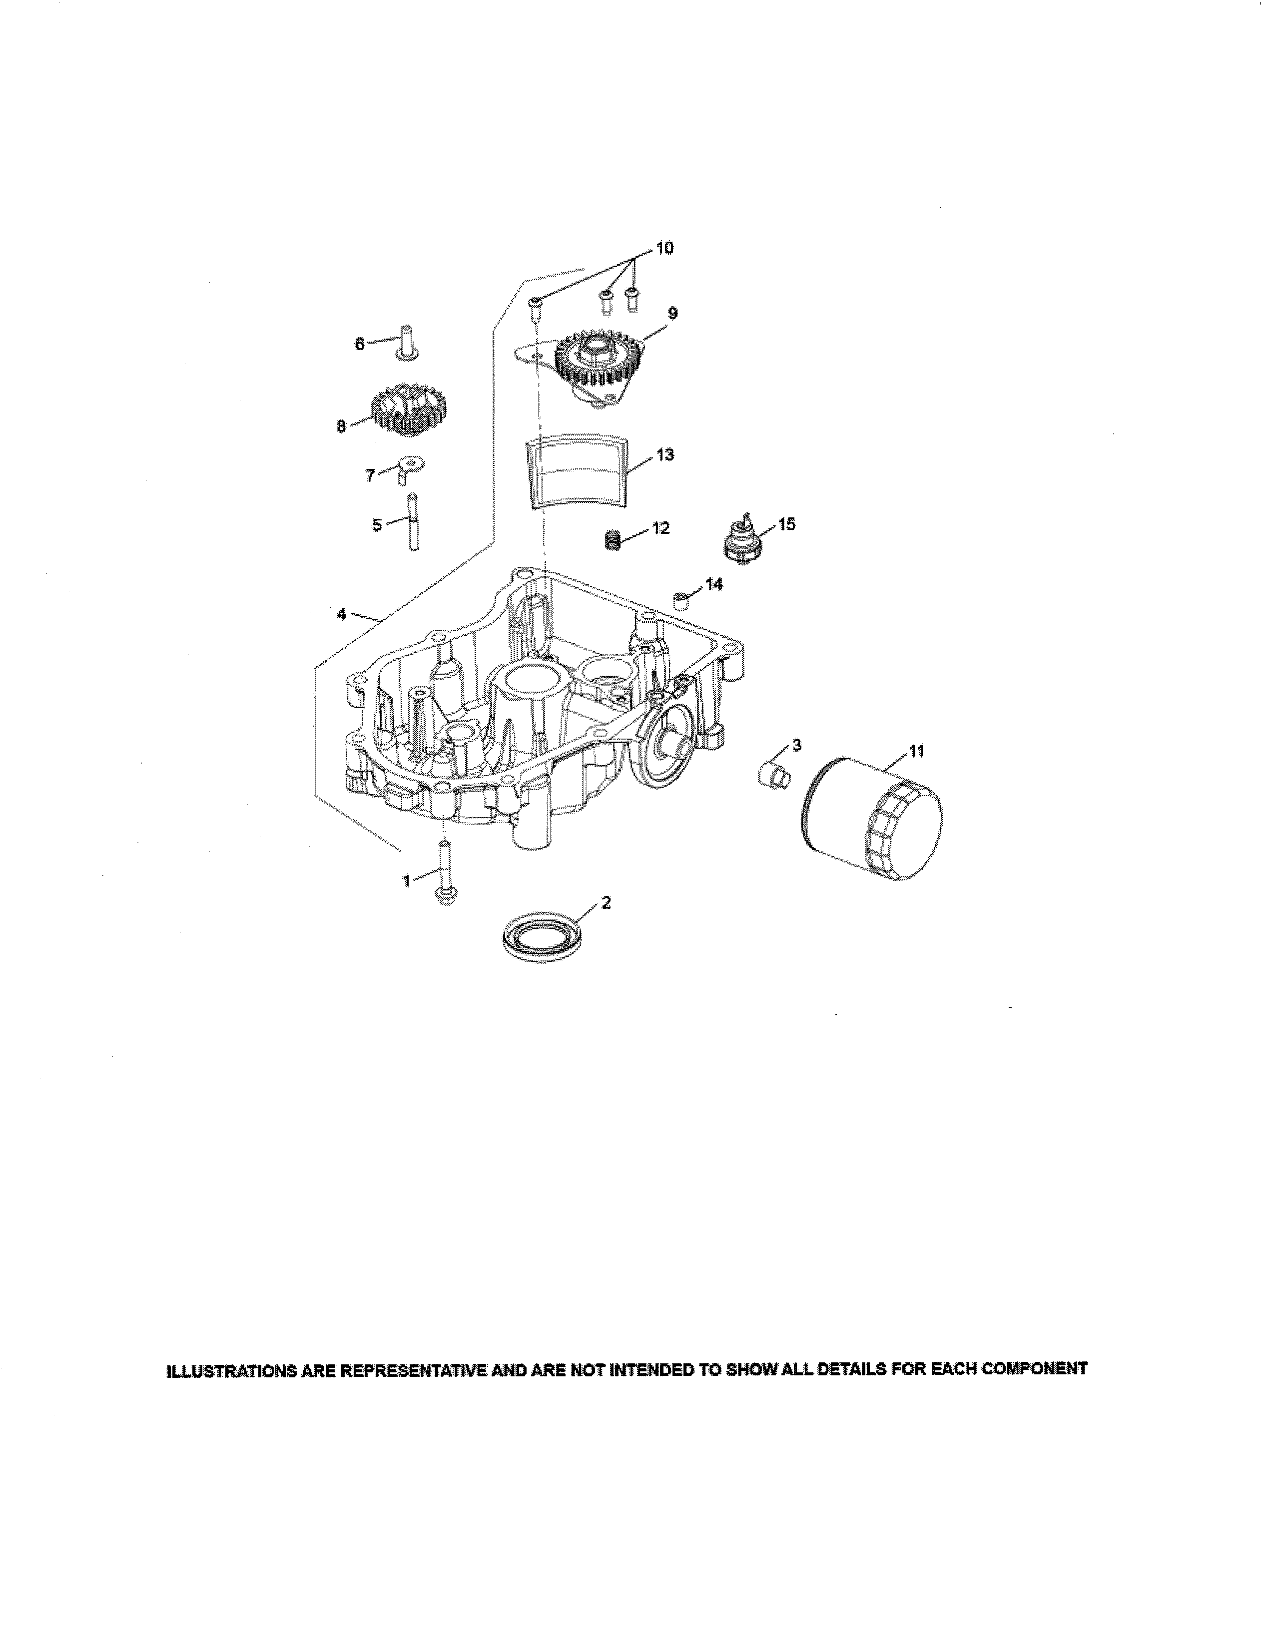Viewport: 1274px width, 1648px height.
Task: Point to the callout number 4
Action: coord(341,615)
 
